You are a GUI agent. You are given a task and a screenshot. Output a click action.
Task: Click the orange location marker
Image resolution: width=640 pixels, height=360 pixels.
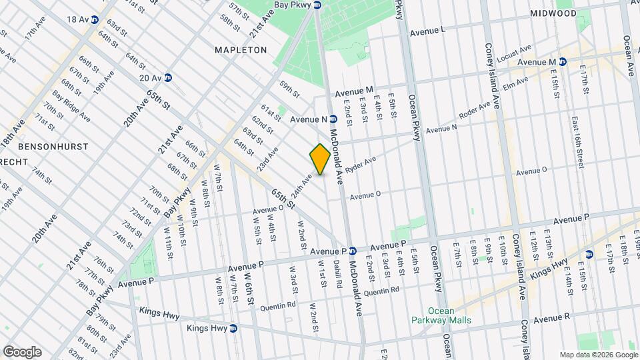pyautogui.click(x=320, y=159)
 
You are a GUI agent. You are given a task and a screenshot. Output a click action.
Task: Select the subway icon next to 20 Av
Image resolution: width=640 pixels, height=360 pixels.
pyautogui.click(x=168, y=78)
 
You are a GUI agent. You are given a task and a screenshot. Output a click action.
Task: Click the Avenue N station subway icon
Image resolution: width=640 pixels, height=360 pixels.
pyautogui.click(x=333, y=119)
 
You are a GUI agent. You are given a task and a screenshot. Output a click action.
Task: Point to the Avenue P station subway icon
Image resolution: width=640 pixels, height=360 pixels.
pyautogui.click(x=352, y=251)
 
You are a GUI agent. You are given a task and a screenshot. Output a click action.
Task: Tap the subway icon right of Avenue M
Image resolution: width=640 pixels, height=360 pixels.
pyautogui.click(x=563, y=62)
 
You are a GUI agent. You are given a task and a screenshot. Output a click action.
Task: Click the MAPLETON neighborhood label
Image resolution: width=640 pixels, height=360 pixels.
pyautogui.click(x=241, y=50)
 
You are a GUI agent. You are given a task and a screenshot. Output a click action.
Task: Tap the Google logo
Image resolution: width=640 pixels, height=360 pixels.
pyautogui.click(x=22, y=351)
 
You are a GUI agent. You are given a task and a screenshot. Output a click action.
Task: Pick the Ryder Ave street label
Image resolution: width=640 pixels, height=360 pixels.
pyautogui.click(x=361, y=163)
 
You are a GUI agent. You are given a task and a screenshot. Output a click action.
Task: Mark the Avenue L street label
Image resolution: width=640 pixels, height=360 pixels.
pyautogui.click(x=428, y=31)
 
